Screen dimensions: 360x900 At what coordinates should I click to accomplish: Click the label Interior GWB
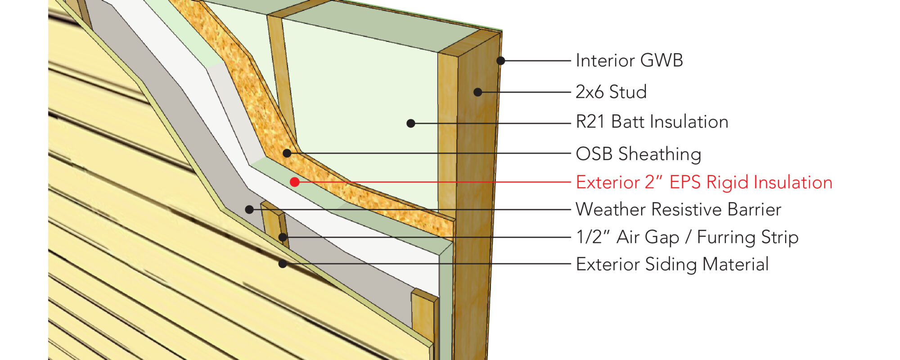(629, 60)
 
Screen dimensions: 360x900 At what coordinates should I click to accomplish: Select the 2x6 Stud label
(611, 92)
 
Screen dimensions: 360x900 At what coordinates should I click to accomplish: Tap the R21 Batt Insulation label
(652, 122)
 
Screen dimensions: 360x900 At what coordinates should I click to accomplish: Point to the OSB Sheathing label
(638, 154)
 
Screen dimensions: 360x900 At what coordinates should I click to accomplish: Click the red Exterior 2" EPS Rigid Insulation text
(704, 182)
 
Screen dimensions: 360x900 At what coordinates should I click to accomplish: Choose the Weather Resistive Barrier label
(678, 209)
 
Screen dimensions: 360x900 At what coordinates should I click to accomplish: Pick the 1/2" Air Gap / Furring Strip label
(687, 237)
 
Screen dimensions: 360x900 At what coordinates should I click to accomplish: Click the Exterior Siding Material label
(672, 264)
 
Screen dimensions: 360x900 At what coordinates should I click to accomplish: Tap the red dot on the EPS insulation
(295, 182)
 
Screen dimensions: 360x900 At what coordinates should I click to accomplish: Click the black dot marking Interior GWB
(500, 60)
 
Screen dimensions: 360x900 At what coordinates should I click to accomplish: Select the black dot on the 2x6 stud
(478, 92)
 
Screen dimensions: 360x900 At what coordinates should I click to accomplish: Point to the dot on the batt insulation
(410, 123)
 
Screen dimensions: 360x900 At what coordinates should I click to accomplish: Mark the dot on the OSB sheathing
(287, 153)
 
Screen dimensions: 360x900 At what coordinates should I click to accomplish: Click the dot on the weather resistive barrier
(249, 209)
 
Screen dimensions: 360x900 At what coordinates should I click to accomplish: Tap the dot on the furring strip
(282, 237)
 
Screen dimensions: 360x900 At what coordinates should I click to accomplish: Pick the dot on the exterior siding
(283, 264)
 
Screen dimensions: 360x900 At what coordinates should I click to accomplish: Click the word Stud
(628, 92)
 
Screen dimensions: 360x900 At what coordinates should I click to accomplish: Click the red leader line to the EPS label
(432, 182)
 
